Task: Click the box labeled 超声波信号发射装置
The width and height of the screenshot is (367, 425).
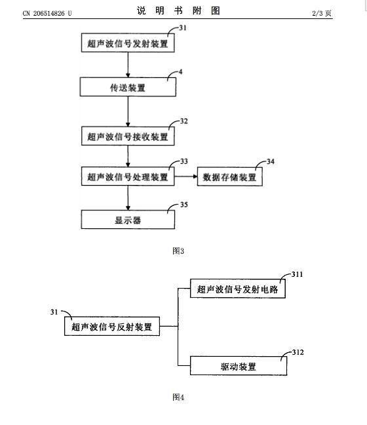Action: tap(128, 43)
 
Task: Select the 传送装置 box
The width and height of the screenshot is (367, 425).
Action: tap(128, 87)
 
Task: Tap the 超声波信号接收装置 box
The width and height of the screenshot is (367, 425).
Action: tap(128, 136)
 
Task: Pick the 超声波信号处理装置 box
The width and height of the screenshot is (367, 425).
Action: tap(128, 176)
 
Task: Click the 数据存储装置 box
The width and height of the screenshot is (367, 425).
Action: tap(229, 176)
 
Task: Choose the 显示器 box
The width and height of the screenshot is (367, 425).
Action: tap(128, 220)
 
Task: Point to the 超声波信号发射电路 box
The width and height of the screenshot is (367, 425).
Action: tap(238, 289)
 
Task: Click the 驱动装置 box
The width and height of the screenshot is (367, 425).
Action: tap(239, 366)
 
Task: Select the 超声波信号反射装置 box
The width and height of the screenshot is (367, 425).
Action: tap(112, 327)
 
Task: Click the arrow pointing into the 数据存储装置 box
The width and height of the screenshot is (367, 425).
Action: tap(186, 176)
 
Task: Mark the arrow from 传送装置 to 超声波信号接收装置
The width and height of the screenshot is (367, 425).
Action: tap(128, 111)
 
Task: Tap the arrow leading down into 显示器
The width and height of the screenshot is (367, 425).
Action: tap(128, 198)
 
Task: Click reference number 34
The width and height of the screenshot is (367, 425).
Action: tap(271, 161)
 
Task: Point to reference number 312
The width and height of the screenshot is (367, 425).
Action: tap(298, 352)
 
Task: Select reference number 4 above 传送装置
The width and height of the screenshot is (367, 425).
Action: tap(181, 72)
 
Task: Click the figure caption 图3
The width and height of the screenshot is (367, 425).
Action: tap(178, 251)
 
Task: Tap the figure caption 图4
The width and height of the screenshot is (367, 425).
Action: tap(178, 397)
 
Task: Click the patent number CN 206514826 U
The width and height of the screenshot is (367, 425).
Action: tap(47, 13)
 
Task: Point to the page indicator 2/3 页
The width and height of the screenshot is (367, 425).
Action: tap(322, 13)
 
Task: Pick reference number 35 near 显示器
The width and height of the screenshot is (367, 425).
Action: tap(184, 205)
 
